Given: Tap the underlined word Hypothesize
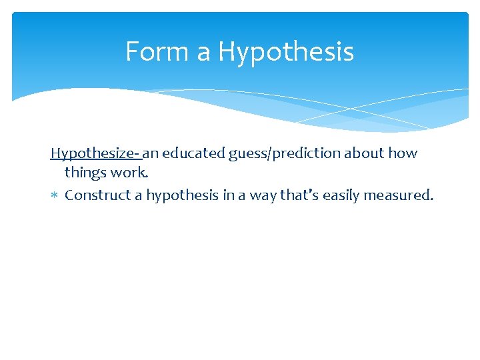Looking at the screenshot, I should [x=94, y=153].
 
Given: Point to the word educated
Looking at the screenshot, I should [x=193, y=153].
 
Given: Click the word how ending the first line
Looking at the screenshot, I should [x=403, y=153].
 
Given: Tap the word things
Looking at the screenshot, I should [x=85, y=173].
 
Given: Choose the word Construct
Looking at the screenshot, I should [x=99, y=195].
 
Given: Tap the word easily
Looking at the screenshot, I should [x=342, y=196].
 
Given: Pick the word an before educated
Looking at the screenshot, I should [x=151, y=153].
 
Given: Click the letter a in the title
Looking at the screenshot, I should [x=204, y=53].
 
